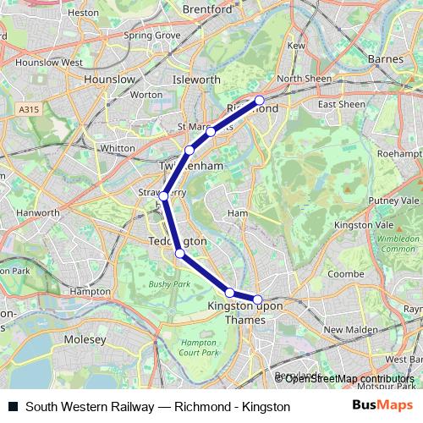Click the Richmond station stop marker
260,100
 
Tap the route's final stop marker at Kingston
258,299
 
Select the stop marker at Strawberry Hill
164,195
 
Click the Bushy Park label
165,284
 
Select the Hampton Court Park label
200,347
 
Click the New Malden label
344,329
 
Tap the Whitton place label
118,148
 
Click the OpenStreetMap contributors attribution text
344,379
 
